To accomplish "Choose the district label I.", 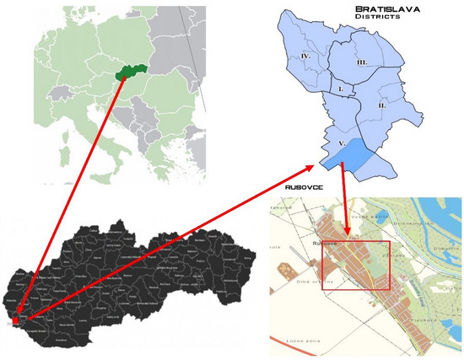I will [x=339, y=88].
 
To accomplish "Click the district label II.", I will [x=381, y=106].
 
